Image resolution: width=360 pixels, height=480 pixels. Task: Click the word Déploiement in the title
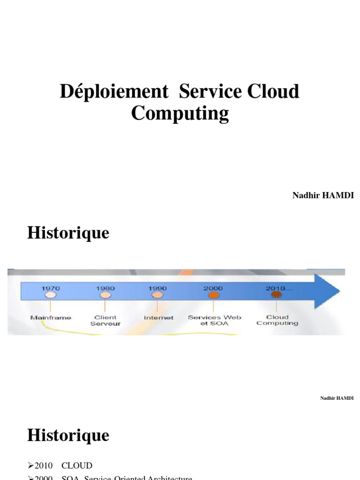pos(114,91)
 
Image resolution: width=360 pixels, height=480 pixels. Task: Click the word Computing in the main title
pos(180,113)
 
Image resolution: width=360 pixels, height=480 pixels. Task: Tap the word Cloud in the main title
pos(274,91)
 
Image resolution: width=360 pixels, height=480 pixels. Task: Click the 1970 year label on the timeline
pos(51,288)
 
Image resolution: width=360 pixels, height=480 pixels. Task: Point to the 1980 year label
pos(105,288)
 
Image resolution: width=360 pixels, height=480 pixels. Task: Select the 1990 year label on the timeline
pos(158,288)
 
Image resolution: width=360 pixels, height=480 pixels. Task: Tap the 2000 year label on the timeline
pos(213,288)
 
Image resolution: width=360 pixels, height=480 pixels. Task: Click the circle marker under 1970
pos(51,295)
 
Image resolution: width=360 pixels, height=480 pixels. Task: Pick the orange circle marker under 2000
pos(214,295)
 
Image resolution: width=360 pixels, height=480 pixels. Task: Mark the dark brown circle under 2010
pos(277,295)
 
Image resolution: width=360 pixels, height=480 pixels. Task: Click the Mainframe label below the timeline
pos(51,318)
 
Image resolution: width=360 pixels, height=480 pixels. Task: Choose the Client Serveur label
pos(105,320)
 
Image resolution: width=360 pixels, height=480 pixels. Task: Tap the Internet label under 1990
pos(158,318)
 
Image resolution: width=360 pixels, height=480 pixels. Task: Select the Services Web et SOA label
pos(214,320)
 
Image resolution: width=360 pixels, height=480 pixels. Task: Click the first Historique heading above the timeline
pos(68,233)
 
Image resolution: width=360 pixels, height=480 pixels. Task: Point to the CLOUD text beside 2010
pos(77,465)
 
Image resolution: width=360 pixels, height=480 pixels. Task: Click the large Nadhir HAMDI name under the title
pos(323,195)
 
